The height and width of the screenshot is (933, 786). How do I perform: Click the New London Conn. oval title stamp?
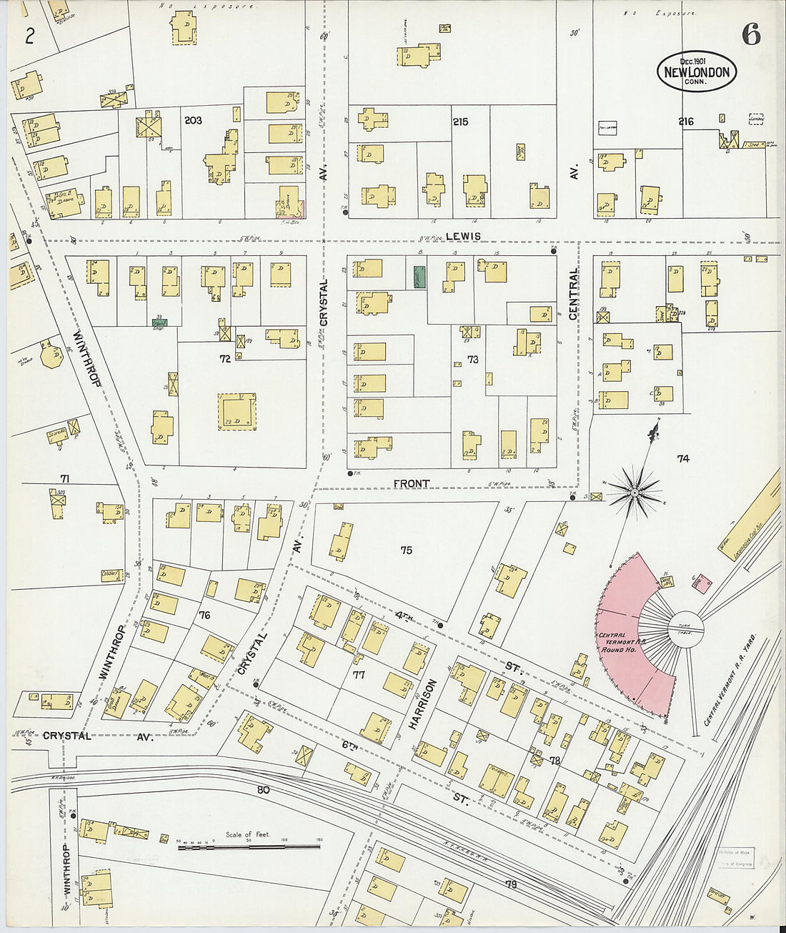(696, 71)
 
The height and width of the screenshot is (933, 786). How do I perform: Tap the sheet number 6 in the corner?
(750, 34)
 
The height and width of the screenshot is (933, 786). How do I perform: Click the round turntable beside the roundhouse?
(686, 630)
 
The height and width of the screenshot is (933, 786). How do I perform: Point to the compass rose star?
(635, 493)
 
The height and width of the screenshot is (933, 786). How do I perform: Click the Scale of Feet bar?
(250, 847)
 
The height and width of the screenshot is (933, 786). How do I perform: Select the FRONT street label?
(412, 484)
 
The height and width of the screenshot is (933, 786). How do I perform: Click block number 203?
(193, 121)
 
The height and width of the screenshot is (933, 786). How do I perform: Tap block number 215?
(460, 122)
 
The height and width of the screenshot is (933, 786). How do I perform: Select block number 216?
(685, 122)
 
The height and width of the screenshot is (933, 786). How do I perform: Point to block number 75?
(406, 551)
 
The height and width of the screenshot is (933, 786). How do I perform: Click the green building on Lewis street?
(419, 277)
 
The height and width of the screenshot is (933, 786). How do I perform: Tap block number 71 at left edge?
(64, 479)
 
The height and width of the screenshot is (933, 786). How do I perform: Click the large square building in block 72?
(237, 412)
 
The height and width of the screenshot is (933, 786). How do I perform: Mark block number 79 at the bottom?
(511, 885)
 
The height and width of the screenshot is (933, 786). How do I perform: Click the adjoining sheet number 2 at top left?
(29, 36)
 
